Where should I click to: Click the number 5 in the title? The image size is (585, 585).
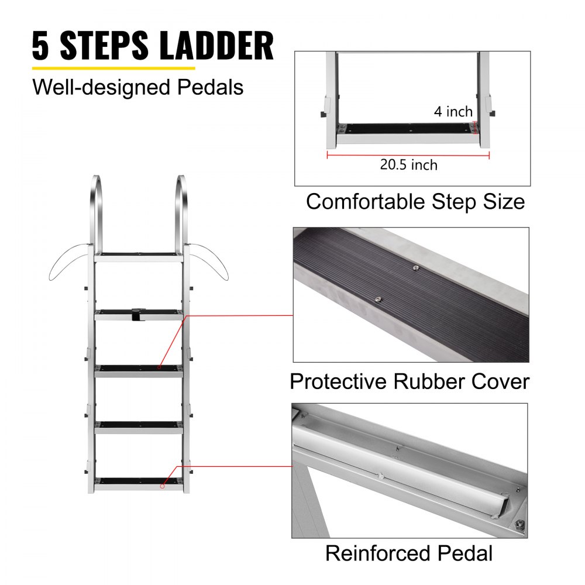(x=41, y=47)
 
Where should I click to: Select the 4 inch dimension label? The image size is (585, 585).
(x=453, y=111)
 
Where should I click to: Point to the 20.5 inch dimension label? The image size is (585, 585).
(x=408, y=165)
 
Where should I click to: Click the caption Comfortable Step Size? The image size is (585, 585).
(x=415, y=202)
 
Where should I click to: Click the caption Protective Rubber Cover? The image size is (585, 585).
(x=409, y=381)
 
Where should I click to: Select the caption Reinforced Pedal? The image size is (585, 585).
(x=409, y=553)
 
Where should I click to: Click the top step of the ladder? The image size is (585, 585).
(x=139, y=256)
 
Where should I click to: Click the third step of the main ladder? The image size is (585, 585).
(x=139, y=370)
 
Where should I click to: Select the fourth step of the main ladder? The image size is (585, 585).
(x=139, y=426)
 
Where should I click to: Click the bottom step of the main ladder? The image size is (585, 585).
(x=139, y=483)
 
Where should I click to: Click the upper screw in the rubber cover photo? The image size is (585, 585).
(x=415, y=267)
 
